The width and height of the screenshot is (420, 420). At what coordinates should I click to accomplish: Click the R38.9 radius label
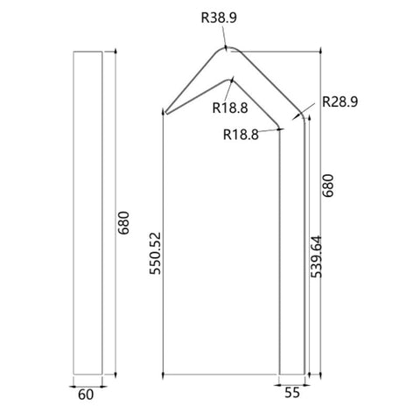[219, 17]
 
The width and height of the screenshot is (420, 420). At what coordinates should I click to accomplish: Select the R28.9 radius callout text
[339, 101]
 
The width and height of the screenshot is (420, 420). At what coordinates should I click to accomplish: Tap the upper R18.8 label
[230, 108]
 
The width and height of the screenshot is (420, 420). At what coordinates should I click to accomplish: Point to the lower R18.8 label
[241, 135]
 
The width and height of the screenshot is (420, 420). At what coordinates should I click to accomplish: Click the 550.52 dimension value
[155, 253]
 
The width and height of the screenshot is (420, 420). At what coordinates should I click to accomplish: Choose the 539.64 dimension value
[316, 256]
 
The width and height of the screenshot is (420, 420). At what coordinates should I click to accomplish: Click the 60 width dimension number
[86, 395]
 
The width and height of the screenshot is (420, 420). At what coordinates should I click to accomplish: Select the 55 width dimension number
[292, 393]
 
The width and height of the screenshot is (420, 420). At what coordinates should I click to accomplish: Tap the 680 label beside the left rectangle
[123, 223]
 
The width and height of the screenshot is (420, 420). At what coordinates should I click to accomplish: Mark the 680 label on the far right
[328, 185]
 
